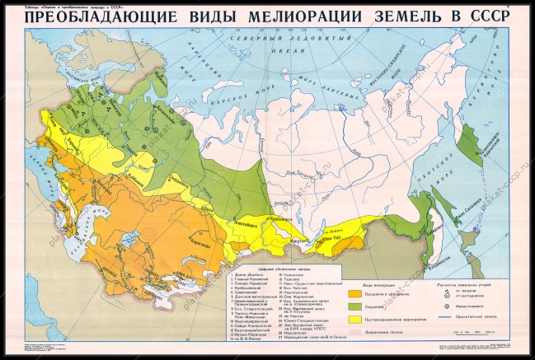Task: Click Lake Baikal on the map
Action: [x=327, y=221]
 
